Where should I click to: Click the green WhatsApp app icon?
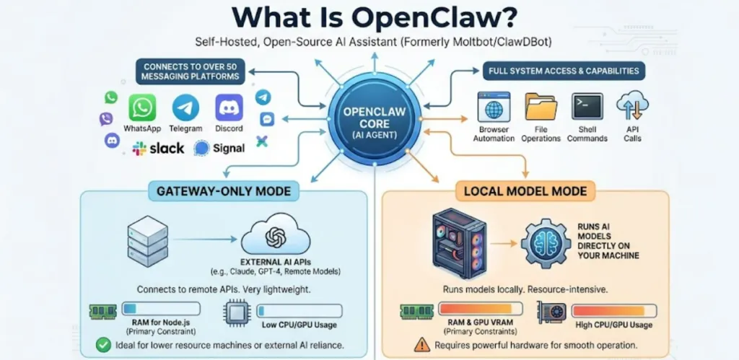(143, 107)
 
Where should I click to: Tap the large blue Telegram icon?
(185, 107)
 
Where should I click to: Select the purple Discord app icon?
(229, 107)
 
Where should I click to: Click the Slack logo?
(158, 149)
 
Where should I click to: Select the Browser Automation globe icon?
(494, 107)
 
